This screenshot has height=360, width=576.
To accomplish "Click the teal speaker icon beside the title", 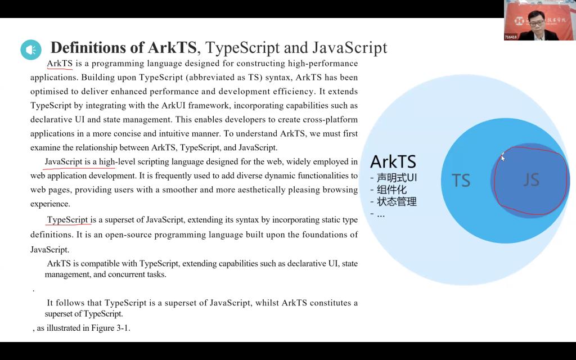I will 31,50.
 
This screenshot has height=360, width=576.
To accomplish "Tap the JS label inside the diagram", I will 531,179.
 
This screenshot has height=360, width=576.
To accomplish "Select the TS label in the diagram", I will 461,181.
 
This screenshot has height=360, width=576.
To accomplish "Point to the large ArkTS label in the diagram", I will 393,162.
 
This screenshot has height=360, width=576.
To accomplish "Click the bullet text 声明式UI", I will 397,178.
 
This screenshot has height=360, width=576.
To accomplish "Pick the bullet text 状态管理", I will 397,201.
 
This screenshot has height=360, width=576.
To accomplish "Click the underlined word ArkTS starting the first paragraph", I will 60,64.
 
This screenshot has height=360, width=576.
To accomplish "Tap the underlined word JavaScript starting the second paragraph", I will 64,162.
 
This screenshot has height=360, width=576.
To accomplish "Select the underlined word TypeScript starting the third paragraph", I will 67,220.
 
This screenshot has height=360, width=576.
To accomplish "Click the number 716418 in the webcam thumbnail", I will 511,37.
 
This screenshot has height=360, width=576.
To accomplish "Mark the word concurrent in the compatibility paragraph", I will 119,274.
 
